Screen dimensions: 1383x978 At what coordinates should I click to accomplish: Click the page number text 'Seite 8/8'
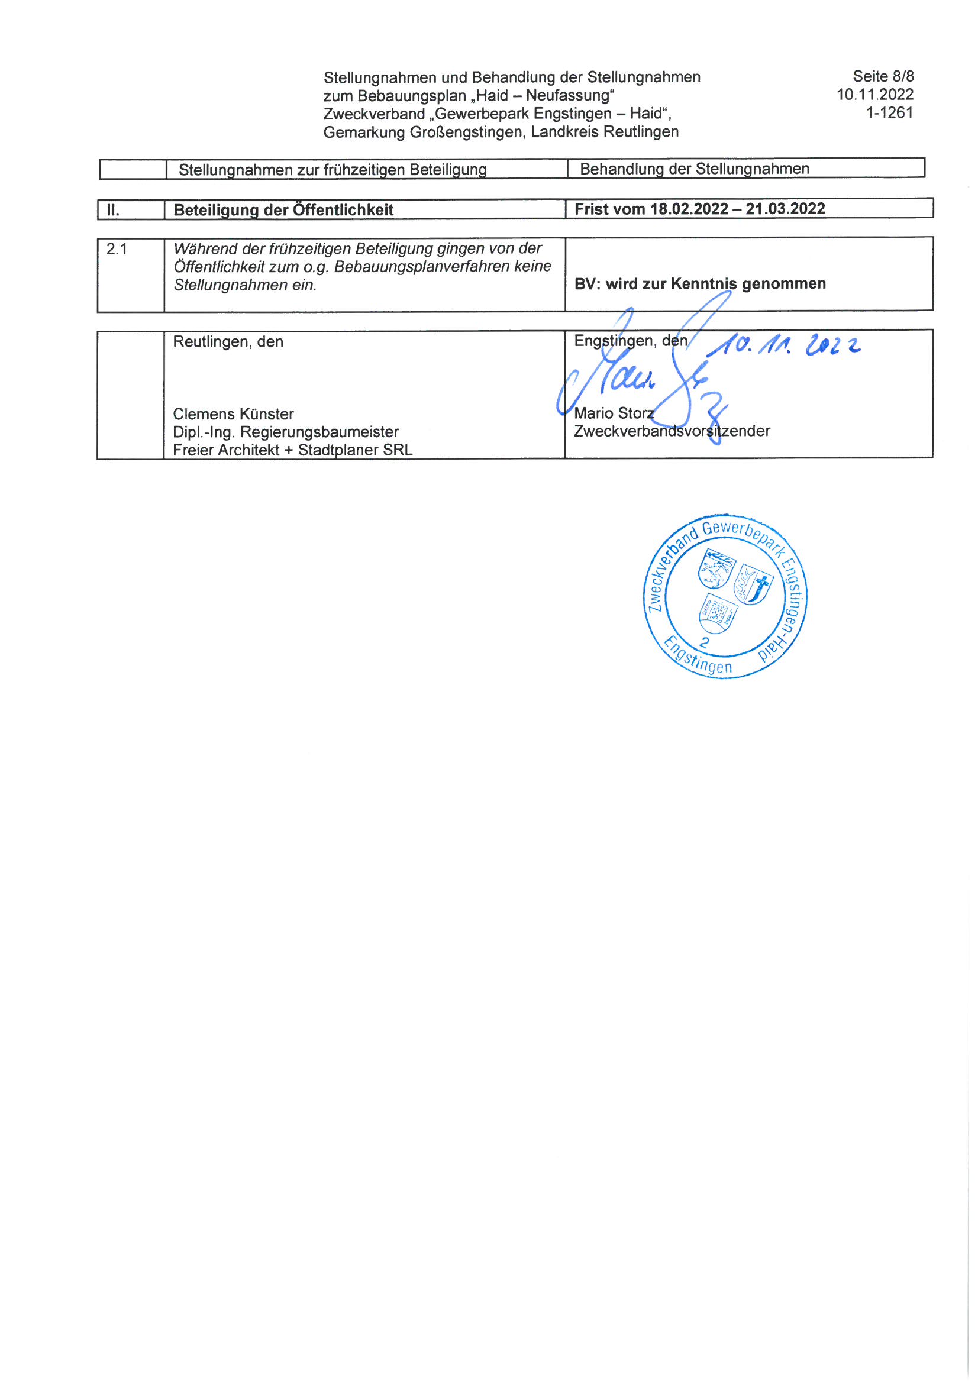click(883, 76)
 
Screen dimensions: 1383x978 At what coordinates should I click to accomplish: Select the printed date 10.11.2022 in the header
click(874, 95)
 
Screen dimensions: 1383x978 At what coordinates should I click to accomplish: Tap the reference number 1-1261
click(889, 112)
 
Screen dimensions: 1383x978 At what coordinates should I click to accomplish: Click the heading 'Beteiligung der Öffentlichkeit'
click(283, 210)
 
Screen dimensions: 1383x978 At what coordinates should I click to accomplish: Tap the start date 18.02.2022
click(689, 209)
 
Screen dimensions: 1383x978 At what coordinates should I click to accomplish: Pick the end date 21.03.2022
click(785, 209)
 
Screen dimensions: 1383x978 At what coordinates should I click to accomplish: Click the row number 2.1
click(117, 249)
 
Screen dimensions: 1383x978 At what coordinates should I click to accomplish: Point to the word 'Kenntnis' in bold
click(704, 284)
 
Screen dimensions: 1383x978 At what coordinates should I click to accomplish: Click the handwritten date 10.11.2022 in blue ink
click(783, 345)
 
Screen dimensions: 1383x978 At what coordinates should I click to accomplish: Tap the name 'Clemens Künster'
click(233, 415)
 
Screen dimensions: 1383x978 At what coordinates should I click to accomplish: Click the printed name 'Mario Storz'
click(614, 413)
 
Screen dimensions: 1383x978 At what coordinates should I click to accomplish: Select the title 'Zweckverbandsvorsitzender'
click(672, 431)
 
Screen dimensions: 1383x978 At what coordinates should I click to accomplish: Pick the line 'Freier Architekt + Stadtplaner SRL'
click(292, 450)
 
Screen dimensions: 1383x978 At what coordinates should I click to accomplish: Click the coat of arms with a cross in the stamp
click(753, 584)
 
